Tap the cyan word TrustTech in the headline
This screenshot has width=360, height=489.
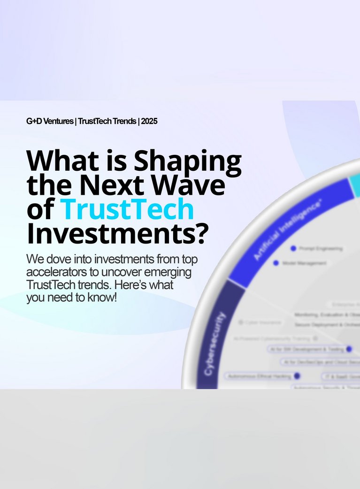127,210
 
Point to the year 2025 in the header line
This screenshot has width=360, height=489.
149,121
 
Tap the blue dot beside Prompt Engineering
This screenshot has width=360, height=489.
293,248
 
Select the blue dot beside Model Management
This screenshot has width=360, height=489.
276,263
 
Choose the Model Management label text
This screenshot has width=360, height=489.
304,264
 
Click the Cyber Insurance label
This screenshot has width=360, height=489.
263,322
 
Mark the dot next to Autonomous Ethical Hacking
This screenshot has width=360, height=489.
297,376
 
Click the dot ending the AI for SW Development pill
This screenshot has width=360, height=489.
349,349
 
